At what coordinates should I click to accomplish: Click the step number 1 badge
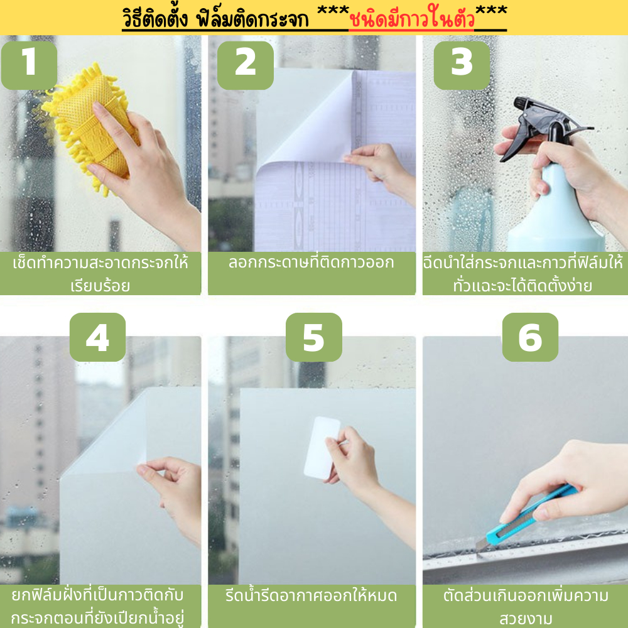point(29,65)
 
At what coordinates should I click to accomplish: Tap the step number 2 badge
point(245,65)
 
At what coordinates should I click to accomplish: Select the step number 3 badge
point(462,65)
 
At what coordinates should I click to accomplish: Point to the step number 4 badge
point(97,337)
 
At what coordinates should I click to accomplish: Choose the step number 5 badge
point(313,337)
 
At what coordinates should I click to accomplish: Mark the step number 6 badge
point(530,337)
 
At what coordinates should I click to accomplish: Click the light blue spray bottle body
point(556,212)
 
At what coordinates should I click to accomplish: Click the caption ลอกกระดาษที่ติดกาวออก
point(311,263)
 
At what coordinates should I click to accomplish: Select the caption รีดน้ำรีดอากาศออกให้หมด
point(311,595)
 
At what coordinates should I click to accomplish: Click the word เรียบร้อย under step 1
point(100,286)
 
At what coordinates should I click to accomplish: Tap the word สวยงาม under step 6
point(526,619)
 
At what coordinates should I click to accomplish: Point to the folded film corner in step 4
point(106,433)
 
